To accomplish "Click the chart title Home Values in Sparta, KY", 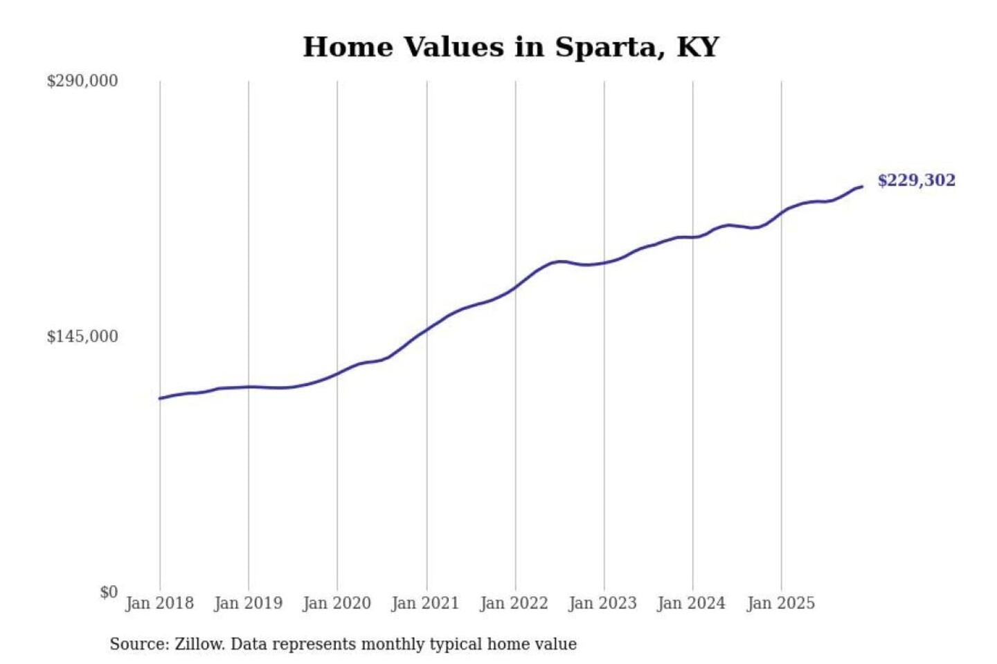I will tap(511, 47).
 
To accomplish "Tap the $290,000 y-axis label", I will tap(82, 81).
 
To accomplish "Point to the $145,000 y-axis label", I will tap(82, 337).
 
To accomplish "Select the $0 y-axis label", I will tap(108, 592).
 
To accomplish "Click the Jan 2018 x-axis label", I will tap(159, 603).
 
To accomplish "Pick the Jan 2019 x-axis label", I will tap(248, 603).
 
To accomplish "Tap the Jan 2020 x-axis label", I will tap(336, 603).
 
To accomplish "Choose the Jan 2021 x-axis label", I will tap(425, 603).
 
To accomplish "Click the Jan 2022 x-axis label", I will tap(514, 603).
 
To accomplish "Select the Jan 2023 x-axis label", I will tap(602, 603).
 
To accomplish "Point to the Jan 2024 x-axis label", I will tap(691, 603).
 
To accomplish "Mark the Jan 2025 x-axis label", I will tap(780, 603).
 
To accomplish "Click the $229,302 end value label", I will tap(916, 181).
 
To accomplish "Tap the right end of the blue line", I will tap(862, 187).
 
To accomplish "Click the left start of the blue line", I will tap(160, 398).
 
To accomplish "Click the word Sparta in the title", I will tap(600, 47).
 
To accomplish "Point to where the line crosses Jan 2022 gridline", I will tap(515, 286).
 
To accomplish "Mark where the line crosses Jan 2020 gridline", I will tap(338, 373).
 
